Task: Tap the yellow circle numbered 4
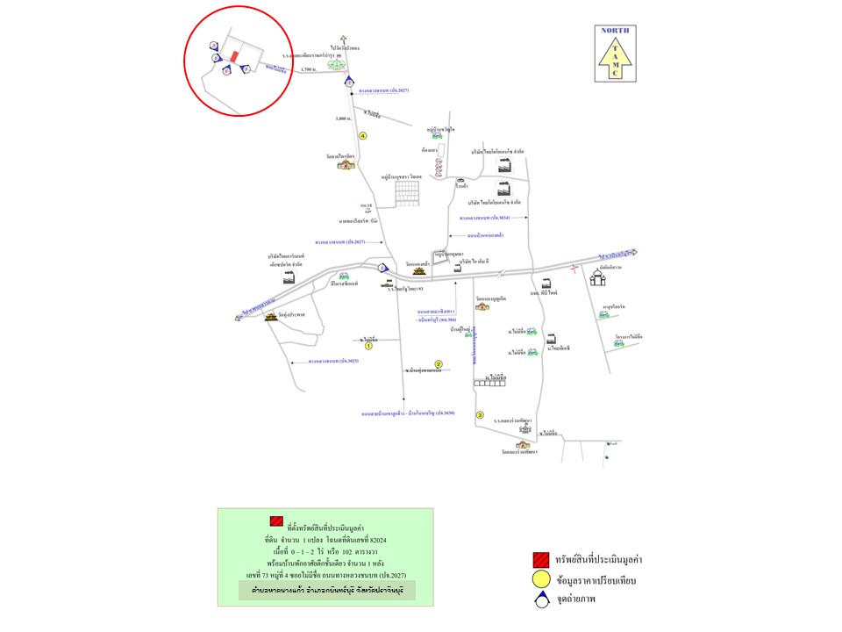click(x=362, y=135)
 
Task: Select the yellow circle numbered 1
click(x=368, y=347)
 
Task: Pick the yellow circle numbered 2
click(x=439, y=363)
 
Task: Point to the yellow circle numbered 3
click(x=480, y=414)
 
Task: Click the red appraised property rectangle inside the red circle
click(x=234, y=54)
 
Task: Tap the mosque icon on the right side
click(x=600, y=276)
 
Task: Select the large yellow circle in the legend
click(x=540, y=581)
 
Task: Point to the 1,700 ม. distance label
click(x=307, y=68)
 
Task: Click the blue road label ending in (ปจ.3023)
click(x=332, y=361)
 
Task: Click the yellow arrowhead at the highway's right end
click(x=631, y=253)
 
